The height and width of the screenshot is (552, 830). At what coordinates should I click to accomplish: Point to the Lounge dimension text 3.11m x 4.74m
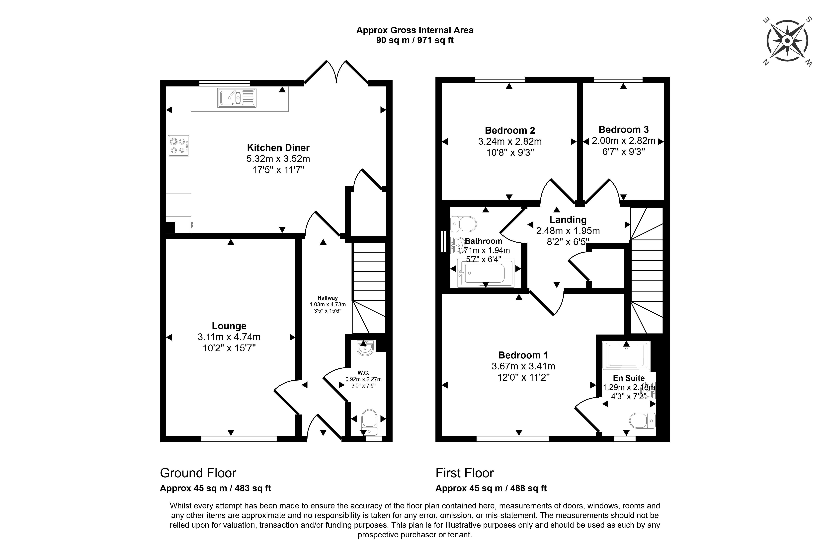(x=229, y=337)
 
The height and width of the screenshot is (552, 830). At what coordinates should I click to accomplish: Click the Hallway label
(x=328, y=298)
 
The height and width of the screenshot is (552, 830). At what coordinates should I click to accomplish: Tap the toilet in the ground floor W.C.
(x=369, y=421)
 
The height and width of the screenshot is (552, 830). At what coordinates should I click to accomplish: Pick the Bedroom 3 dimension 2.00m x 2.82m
(x=624, y=141)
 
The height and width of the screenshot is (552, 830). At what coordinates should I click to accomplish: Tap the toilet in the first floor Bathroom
(x=463, y=224)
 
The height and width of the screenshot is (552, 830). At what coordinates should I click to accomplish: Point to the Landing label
(x=568, y=220)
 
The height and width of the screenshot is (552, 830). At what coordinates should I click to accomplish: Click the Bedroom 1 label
(x=523, y=355)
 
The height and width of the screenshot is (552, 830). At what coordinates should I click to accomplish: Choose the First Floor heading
(x=464, y=473)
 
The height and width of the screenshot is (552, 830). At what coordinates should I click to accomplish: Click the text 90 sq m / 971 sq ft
(x=415, y=40)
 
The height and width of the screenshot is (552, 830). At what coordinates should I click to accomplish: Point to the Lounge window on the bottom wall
(x=239, y=439)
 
